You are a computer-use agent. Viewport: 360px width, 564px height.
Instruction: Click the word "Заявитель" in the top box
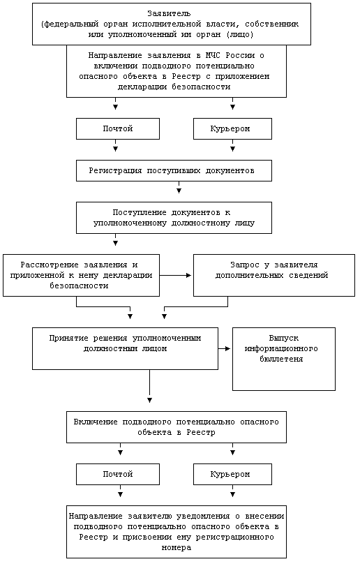pos(169,14)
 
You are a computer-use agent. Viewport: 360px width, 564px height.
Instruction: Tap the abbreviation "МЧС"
pos(213,55)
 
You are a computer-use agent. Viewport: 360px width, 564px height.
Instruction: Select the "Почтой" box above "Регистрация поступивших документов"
pos(118,128)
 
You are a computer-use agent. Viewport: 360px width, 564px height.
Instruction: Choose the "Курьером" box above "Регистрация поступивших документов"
pos(232,128)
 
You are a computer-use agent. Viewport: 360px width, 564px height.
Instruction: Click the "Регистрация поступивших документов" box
pos(174,170)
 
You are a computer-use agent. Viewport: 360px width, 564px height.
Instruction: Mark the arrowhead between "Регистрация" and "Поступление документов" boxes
pos(179,191)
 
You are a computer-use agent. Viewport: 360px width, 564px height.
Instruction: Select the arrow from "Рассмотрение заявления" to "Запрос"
pos(176,276)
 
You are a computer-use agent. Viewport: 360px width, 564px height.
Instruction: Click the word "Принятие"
pos(68,338)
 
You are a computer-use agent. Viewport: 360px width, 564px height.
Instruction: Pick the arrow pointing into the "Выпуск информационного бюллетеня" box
pos(224,348)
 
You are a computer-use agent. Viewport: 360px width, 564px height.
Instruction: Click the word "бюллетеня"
pos(281,359)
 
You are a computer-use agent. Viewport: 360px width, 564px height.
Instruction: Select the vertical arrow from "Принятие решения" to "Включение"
pos(149,386)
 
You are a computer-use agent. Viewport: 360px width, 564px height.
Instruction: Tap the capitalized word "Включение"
pos(96,422)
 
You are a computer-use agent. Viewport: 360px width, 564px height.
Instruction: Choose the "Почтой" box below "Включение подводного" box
pos(118,474)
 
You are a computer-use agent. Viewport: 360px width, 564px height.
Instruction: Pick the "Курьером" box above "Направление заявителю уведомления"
pos(232,474)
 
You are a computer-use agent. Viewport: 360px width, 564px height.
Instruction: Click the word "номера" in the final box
pos(177,548)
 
